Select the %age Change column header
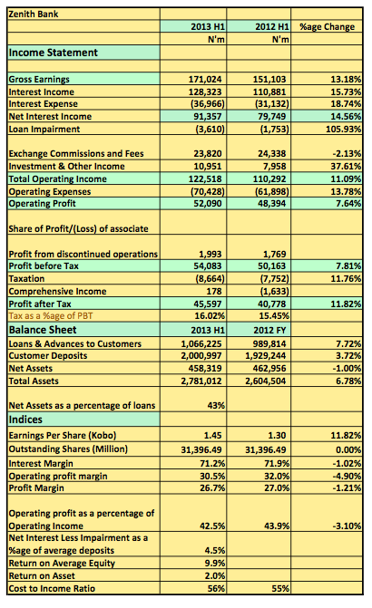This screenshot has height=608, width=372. tap(327, 27)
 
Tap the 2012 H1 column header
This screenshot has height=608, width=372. tap(272, 27)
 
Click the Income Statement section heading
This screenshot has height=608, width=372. tap(54, 53)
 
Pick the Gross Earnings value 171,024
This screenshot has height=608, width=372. tap(205, 80)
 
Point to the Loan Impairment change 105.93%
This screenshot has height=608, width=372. tap(344, 130)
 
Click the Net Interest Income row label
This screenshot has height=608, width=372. tap(50, 117)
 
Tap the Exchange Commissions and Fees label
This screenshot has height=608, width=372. tap(76, 154)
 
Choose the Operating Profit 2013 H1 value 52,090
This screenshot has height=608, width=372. tap(208, 204)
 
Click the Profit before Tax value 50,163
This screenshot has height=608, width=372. tap(272, 266)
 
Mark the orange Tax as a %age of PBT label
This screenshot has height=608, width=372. tap(51, 316)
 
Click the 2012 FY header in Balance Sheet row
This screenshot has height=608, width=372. tap(269, 331)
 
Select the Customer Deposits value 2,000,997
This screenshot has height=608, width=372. tap(201, 356)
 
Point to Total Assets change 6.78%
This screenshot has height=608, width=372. tap(348, 381)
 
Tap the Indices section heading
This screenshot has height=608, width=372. tap(25, 420)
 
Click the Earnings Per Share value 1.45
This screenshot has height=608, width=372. tap(213, 436)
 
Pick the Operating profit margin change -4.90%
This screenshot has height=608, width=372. tap(347, 477)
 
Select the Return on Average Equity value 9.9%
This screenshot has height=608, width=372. tap(215, 564)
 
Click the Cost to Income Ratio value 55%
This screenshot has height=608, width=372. tap(280, 589)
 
